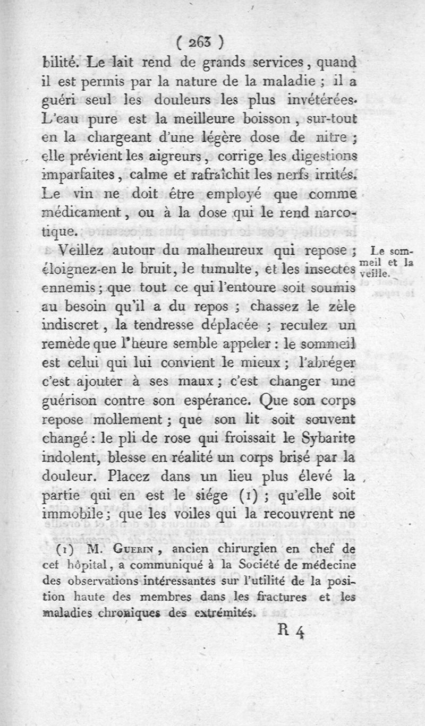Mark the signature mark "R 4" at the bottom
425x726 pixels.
pos(290,633)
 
